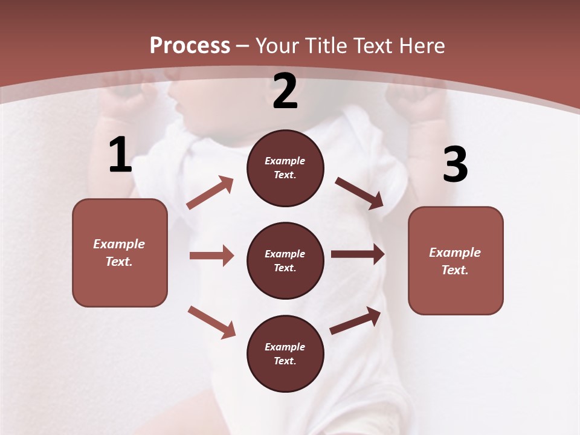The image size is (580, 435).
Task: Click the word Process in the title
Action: tap(190, 46)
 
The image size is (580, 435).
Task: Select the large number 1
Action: tap(120, 155)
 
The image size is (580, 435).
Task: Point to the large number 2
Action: tap(285, 91)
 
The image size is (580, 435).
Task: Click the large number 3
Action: tap(455, 164)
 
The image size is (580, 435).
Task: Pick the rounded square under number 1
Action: tap(120, 253)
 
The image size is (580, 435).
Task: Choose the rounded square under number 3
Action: tap(456, 260)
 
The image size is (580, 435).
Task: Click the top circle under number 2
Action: tap(285, 168)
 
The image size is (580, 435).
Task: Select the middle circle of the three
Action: tap(285, 260)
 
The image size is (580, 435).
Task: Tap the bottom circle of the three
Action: tap(285, 353)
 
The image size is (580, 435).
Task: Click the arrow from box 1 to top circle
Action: tap(210, 193)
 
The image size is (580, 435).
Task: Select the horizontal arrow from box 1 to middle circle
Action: tap(211, 256)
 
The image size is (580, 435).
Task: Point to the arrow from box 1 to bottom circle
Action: tap(211, 322)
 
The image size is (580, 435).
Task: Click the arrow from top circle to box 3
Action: tap(359, 193)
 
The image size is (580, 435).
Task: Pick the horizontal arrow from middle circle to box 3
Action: tap(358, 254)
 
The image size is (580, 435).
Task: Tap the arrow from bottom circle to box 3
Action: tap(355, 321)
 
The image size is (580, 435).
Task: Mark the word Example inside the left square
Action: tap(119, 244)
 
